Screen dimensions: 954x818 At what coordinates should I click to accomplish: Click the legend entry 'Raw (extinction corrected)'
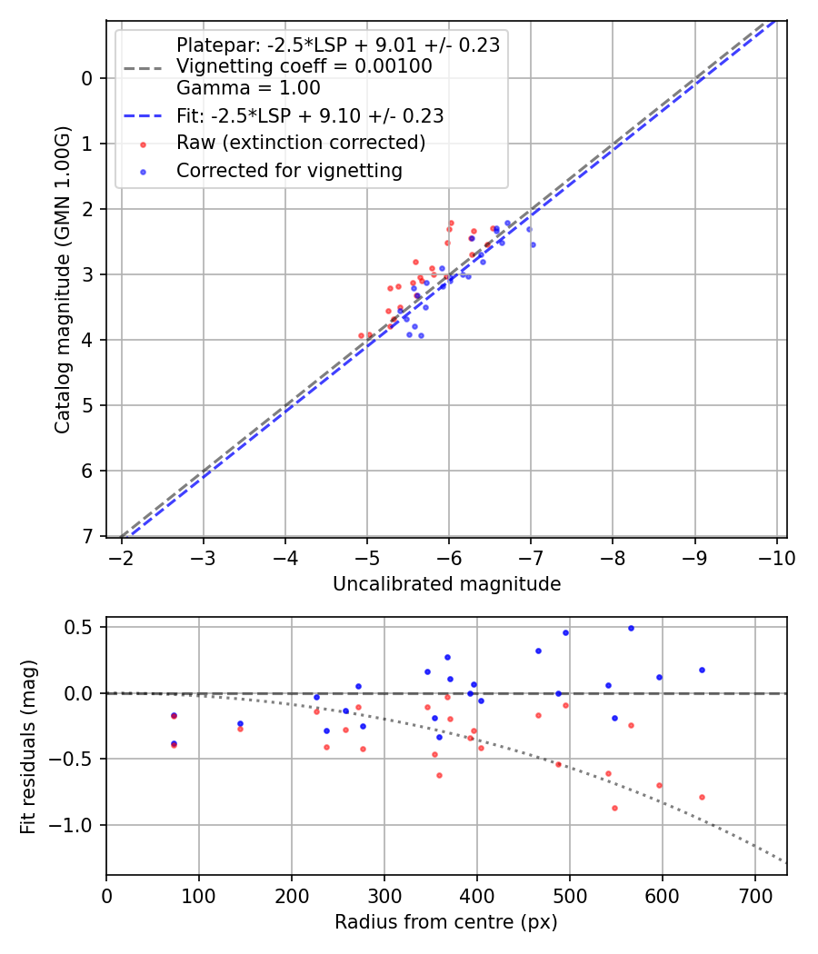[301, 143]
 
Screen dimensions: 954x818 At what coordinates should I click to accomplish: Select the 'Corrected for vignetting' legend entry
[289, 170]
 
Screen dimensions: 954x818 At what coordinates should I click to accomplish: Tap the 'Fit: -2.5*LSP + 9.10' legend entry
[310, 115]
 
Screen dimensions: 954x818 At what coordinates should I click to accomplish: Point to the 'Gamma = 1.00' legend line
[248, 88]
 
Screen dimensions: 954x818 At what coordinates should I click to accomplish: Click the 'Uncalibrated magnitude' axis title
[446, 584]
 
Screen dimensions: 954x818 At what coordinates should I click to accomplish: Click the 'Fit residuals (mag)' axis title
[29, 747]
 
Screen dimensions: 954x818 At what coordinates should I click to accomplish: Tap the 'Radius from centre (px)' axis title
[445, 922]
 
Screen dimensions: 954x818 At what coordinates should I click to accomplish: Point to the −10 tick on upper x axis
[777, 557]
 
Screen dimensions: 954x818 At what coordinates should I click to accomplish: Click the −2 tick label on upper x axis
[122, 557]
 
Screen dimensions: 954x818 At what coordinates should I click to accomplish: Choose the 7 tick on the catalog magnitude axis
[87, 536]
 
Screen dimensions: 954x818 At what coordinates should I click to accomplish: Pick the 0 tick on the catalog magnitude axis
[87, 78]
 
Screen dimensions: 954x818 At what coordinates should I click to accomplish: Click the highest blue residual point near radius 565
[631, 628]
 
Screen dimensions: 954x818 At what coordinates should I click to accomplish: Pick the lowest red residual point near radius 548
[614, 808]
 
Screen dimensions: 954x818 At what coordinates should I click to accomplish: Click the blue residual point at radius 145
[240, 724]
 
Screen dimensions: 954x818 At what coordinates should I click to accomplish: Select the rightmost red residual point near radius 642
[702, 797]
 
